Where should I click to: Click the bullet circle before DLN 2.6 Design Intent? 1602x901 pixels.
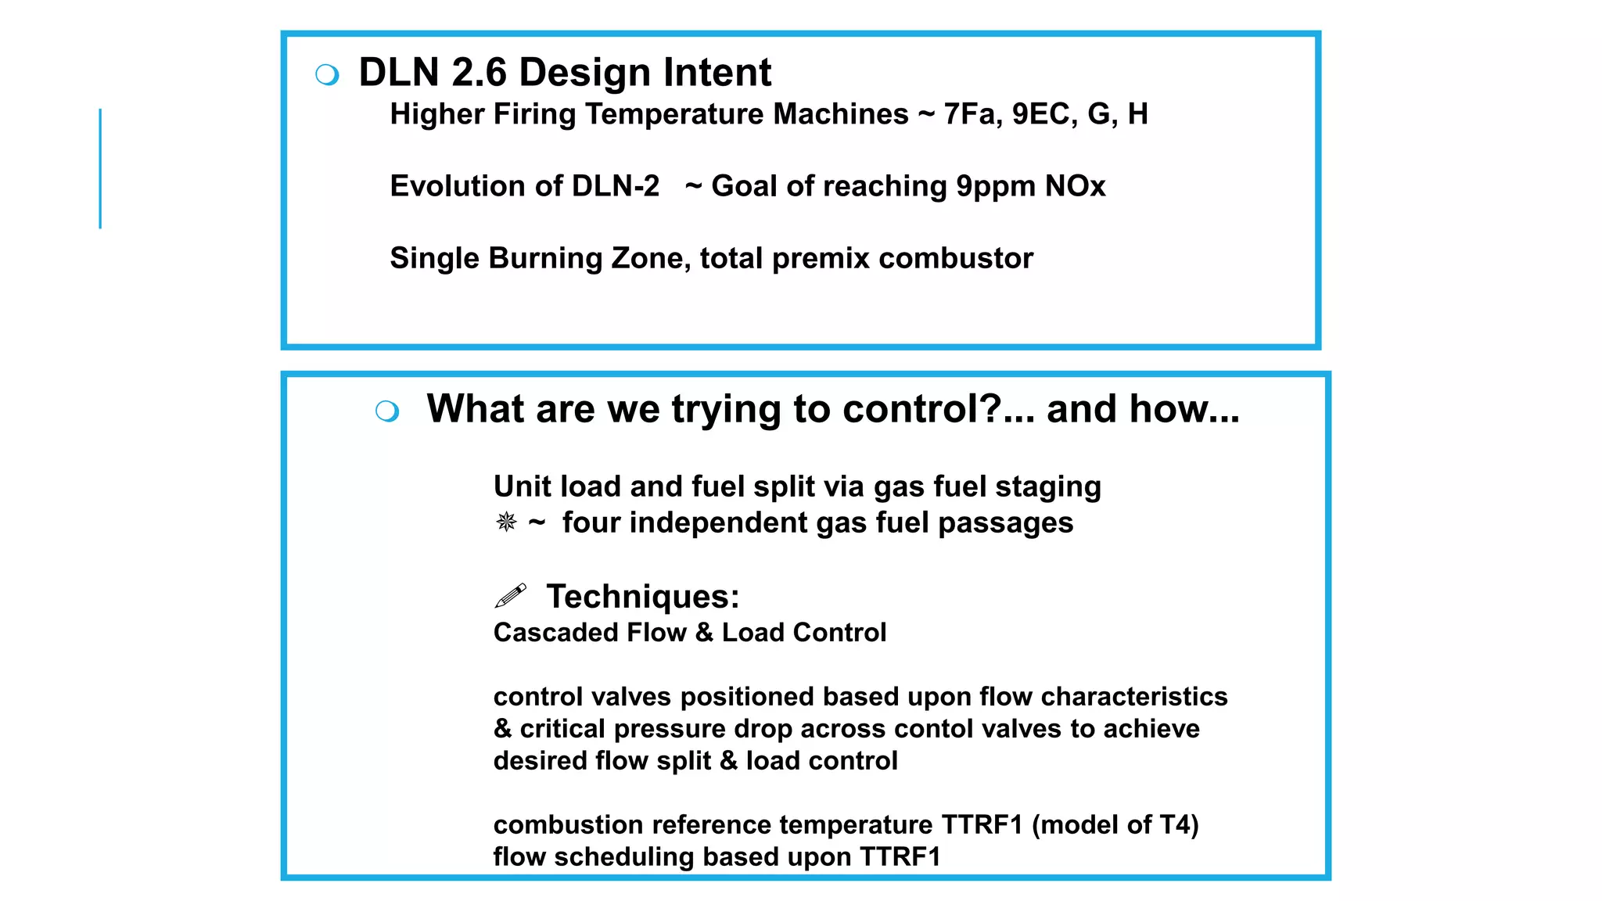pyautogui.click(x=327, y=75)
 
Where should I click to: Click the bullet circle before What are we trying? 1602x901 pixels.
pyautogui.click(x=387, y=411)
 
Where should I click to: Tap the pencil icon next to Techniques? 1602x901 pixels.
pyautogui.click(x=511, y=596)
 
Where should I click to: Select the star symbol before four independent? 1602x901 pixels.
pyautogui.click(x=506, y=522)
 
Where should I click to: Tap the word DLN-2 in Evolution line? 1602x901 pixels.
pyautogui.click(x=616, y=186)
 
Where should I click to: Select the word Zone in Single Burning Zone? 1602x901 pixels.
pyautogui.click(x=646, y=258)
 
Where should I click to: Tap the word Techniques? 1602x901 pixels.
pyautogui.click(x=642, y=597)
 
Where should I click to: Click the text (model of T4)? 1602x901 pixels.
pyautogui.click(x=1115, y=824)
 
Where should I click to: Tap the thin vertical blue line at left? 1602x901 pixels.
pyautogui.click(x=100, y=168)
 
